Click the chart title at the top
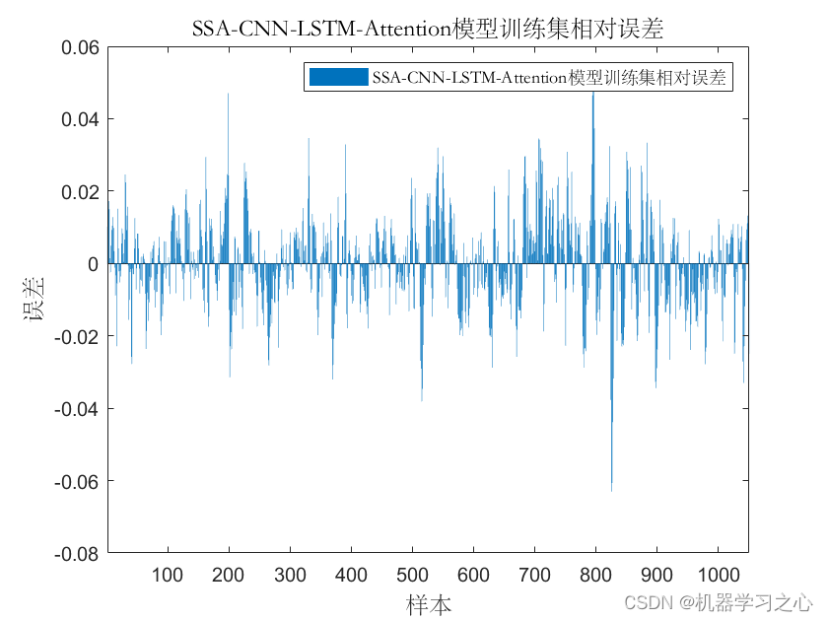coord(428,29)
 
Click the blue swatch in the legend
coord(337,77)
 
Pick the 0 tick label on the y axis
coord(92,264)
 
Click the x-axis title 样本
coord(429,602)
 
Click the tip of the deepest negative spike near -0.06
coord(611,490)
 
